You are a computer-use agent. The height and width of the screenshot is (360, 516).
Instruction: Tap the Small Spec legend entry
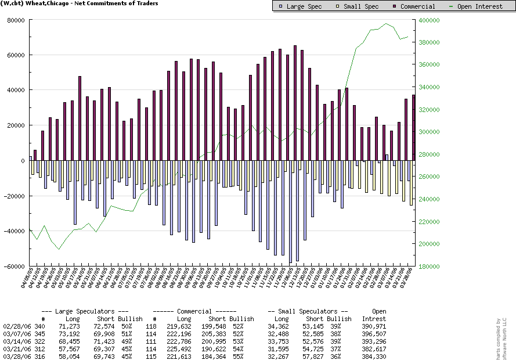pos(360,6)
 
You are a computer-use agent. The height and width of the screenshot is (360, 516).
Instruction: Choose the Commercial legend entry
pos(413,6)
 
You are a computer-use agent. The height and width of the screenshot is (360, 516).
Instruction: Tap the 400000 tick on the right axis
pos(428,20)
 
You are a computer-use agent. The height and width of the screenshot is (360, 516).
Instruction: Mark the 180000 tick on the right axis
pos(428,267)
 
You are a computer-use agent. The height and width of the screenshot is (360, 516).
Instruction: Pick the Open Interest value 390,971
pos(374,327)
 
